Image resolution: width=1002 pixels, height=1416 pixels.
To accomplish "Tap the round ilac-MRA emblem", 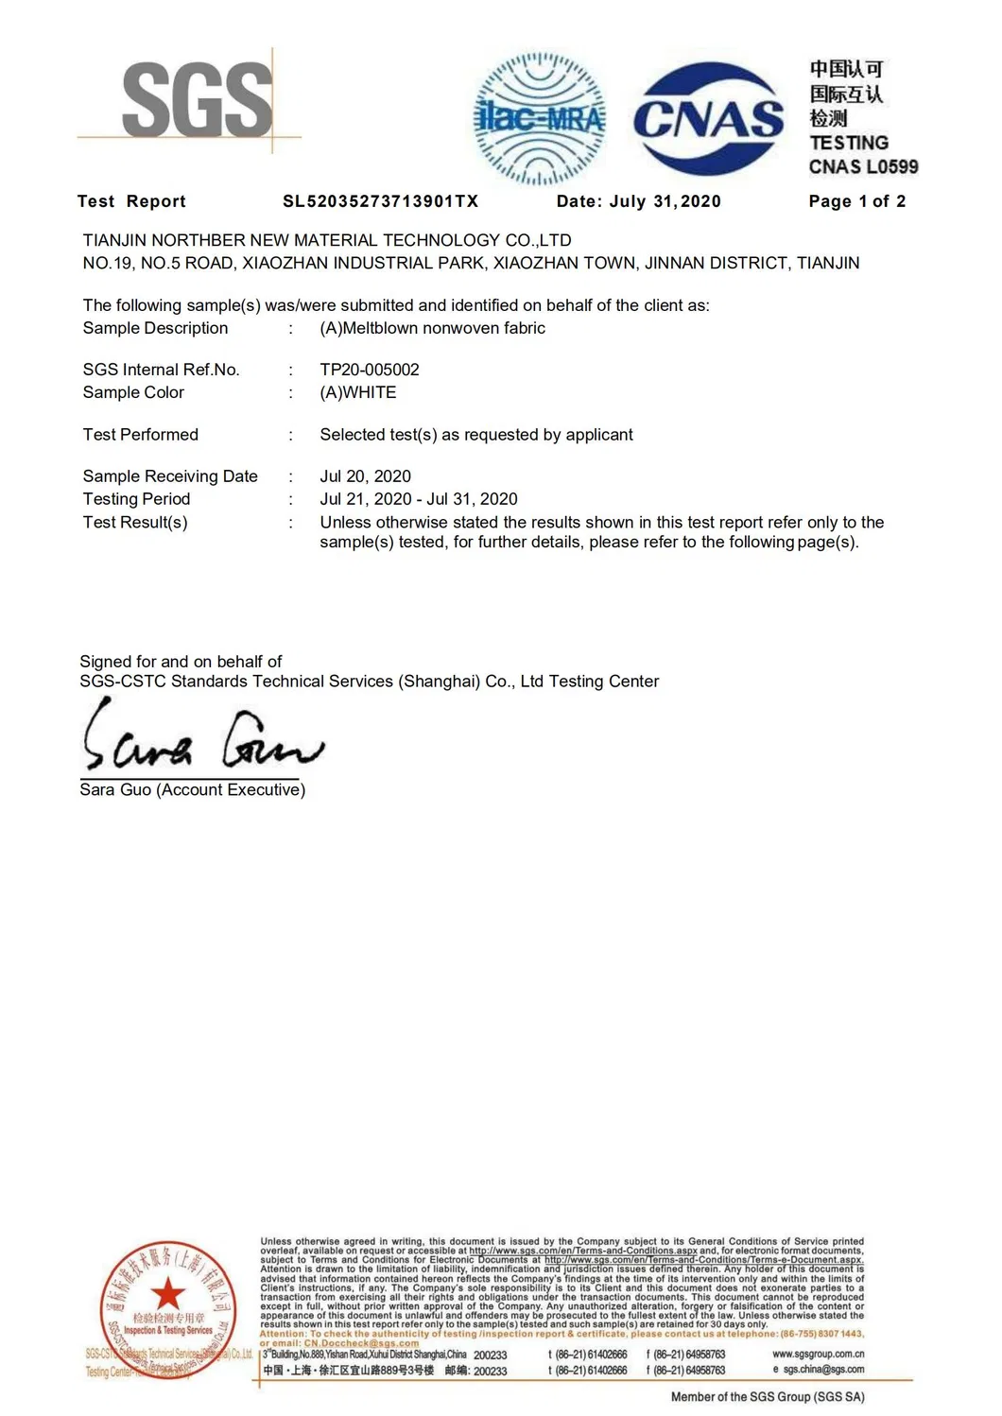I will click(x=540, y=119).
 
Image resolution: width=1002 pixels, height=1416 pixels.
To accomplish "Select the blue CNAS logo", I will click(x=709, y=119).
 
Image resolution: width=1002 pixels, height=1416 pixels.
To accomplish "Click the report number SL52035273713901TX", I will click(x=381, y=201).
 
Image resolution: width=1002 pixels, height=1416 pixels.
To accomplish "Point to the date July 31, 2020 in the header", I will click(x=665, y=201).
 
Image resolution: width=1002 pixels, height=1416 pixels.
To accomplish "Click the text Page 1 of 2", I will click(x=856, y=201).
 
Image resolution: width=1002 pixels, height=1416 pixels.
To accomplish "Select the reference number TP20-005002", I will click(x=370, y=370).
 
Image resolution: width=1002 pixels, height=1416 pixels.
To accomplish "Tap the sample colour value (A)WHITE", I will click(x=358, y=392).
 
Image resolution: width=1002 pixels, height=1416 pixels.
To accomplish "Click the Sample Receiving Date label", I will click(x=170, y=476).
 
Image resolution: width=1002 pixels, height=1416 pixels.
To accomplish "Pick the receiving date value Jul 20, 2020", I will click(x=365, y=476).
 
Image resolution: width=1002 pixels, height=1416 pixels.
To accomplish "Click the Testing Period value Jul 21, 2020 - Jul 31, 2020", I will click(x=419, y=499).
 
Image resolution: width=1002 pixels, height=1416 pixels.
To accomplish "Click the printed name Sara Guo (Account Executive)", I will click(x=193, y=790).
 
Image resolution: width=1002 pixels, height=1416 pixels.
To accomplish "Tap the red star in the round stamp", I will click(x=168, y=1292).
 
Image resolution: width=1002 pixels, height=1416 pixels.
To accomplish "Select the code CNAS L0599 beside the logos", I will click(x=863, y=167).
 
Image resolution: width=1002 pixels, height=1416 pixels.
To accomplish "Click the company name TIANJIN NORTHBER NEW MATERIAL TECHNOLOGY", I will click(x=327, y=240).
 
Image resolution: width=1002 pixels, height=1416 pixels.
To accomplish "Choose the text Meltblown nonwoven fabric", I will click(x=443, y=328).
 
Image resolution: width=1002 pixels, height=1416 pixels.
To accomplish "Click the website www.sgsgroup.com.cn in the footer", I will click(x=818, y=1354).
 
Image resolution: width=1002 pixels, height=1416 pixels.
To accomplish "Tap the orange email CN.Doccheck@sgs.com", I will click(x=361, y=1343).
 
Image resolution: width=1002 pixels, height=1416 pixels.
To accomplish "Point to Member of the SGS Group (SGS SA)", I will click(x=768, y=1396).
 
